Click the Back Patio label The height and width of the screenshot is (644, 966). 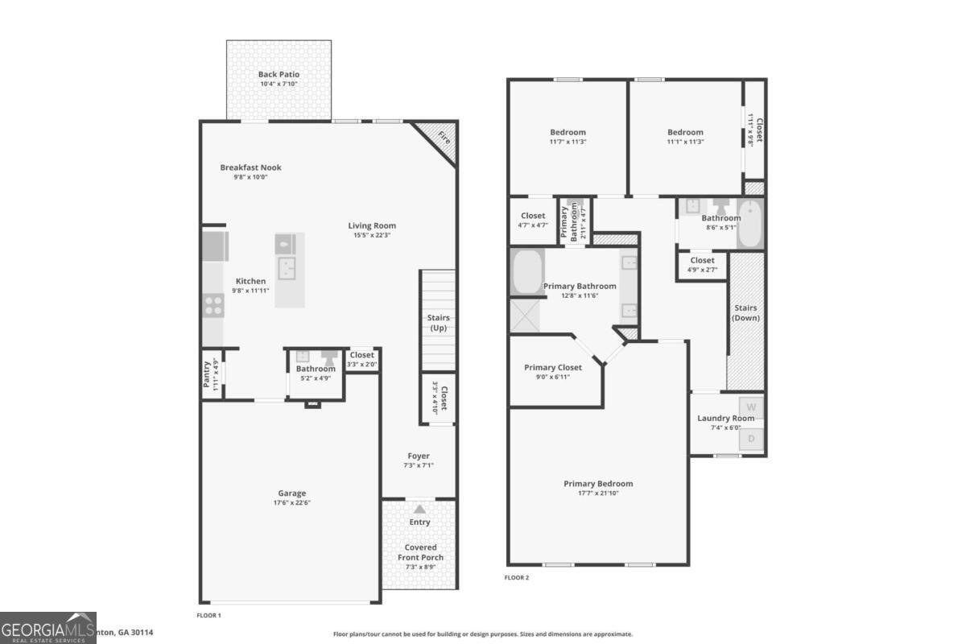[279, 74]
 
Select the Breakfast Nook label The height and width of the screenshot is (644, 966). [250, 167]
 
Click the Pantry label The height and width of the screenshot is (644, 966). [207, 374]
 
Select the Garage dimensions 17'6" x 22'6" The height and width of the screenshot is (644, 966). [292, 502]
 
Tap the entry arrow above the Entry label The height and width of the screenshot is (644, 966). [419, 509]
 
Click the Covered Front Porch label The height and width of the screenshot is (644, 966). [420, 552]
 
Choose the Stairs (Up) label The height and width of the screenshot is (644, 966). [438, 323]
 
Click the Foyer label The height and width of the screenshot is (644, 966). [419, 456]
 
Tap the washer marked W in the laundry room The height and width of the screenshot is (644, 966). [752, 407]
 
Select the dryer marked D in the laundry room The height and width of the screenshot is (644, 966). [752, 439]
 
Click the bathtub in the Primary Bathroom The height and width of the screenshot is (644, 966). [528, 273]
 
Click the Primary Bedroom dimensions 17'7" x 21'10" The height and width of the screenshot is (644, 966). [598, 493]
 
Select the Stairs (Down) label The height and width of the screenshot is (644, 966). [745, 312]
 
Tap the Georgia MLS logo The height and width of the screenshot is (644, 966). [48, 627]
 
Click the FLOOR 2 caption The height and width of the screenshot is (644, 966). [517, 577]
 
